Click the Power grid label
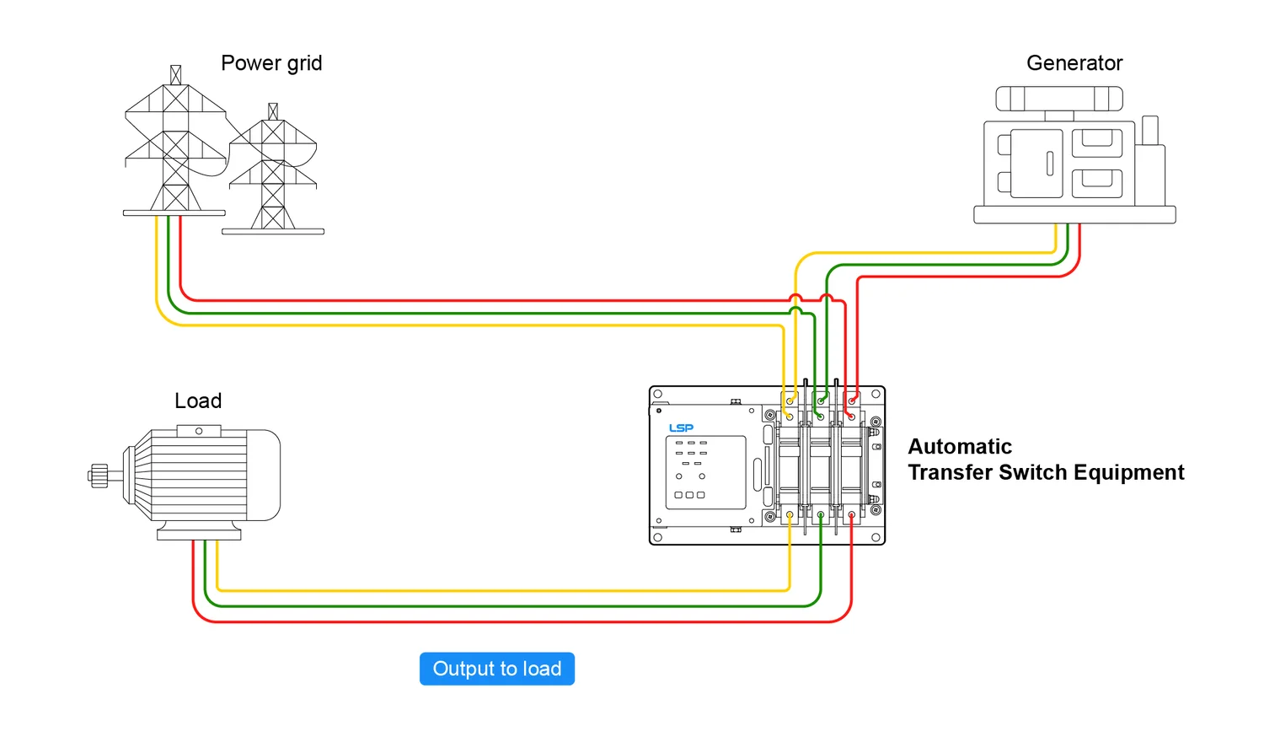[271, 63]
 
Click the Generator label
[1074, 63]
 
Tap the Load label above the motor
[198, 401]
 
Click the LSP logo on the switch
[681, 428]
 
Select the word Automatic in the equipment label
[960, 447]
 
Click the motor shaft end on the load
[99, 476]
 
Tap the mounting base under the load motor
[199, 534]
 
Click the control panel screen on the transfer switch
[706, 472]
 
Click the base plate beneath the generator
[1074, 215]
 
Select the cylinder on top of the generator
[1059, 99]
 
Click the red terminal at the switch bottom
[851, 514]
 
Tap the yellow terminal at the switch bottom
[790, 514]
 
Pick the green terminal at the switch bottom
[821, 514]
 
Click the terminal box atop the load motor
[199, 431]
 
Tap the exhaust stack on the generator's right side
[1150, 131]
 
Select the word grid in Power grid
[304, 63]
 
